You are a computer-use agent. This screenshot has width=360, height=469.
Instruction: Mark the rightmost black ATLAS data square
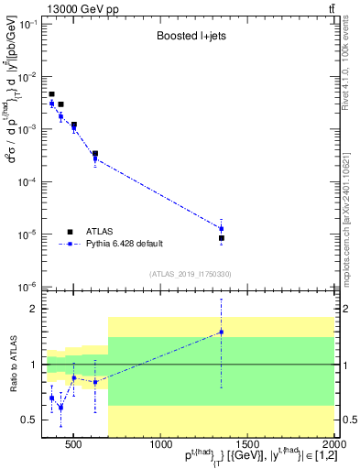tap(221, 238)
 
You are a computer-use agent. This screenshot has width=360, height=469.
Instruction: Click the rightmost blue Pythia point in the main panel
tap(221, 228)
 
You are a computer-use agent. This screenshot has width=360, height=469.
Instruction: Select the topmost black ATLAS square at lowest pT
tap(51, 94)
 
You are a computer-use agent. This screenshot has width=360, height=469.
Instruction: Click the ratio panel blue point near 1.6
tap(221, 332)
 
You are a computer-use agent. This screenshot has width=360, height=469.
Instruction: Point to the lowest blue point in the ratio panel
tap(60, 408)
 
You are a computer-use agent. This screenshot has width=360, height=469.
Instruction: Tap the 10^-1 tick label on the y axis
tap(29, 24)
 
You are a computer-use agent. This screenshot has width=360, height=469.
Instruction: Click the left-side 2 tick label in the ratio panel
tap(35, 309)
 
